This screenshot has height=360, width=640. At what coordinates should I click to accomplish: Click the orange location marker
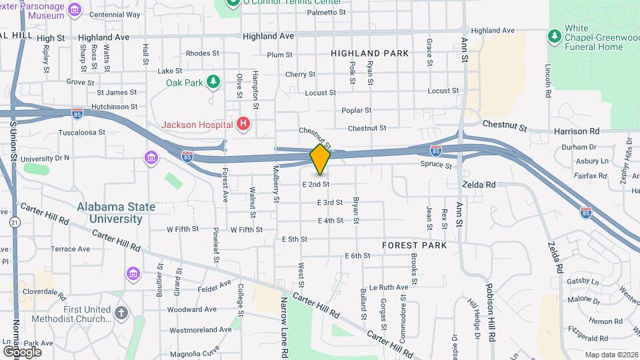click(320, 159)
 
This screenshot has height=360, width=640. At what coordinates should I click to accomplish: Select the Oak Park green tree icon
click(213, 82)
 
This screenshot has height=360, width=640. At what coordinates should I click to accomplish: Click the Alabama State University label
click(116, 213)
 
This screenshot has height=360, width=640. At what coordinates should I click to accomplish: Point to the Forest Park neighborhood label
click(414, 245)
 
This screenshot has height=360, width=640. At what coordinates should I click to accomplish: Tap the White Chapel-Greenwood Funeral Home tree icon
click(553, 35)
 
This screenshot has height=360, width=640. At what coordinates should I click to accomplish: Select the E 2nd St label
click(316, 184)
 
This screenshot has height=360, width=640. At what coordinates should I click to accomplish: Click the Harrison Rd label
click(577, 131)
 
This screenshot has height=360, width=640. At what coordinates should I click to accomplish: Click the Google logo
click(22, 351)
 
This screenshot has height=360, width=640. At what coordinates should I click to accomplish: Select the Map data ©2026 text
click(611, 355)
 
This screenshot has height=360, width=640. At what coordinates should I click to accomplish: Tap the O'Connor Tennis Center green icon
click(233, 3)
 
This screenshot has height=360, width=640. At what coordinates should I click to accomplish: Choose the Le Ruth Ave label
click(388, 287)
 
